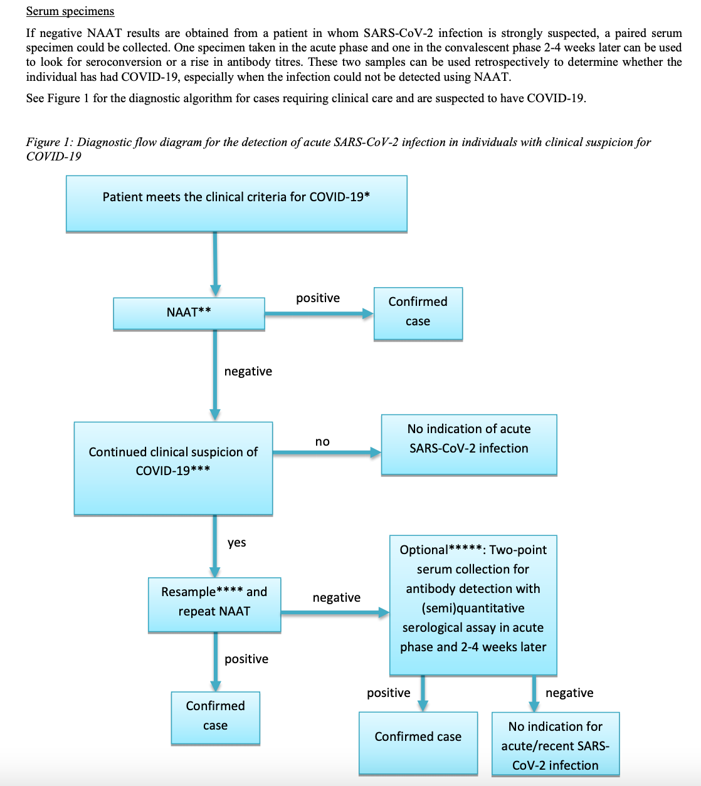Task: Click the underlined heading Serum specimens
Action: coord(70,12)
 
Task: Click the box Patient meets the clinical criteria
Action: coord(236,204)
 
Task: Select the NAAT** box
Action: coord(189,313)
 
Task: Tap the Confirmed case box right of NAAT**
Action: coord(418,313)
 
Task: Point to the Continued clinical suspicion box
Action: coord(173,468)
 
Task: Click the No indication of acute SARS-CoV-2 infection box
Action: coord(469,444)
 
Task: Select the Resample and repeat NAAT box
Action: coord(214,605)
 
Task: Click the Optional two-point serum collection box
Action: coord(473,605)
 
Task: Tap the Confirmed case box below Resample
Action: coord(216,718)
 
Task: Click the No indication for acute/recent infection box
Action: coord(556,743)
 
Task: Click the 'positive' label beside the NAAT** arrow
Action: coord(318,298)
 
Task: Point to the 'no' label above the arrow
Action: coord(322,441)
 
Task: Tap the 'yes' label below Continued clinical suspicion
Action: coord(237,542)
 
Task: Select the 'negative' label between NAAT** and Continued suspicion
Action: coord(248,371)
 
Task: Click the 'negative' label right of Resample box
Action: coord(337,597)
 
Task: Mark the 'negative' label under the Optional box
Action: coord(569,693)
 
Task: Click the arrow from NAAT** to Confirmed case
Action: coord(319,313)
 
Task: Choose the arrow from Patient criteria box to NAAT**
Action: coord(215,265)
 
